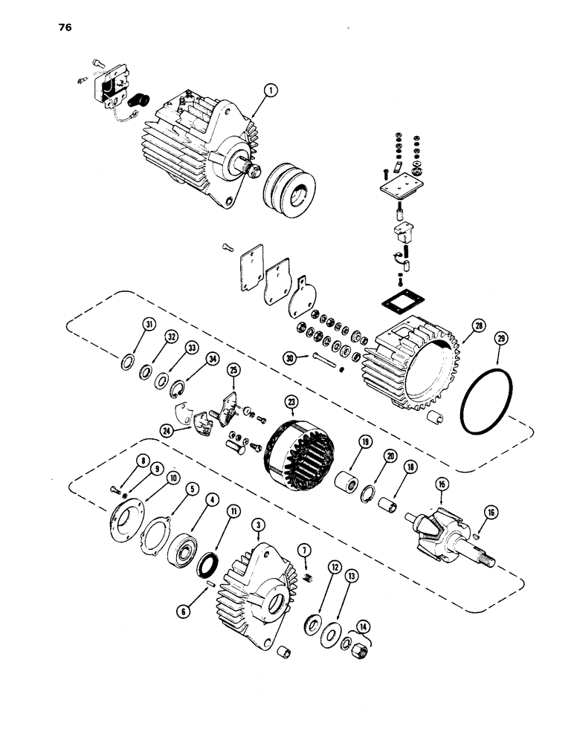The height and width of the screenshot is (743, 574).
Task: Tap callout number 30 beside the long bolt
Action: tap(290, 358)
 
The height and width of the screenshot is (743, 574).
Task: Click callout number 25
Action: tap(233, 369)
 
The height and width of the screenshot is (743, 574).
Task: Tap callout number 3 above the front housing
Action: tap(257, 525)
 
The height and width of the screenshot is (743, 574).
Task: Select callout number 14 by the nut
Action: tap(364, 626)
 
